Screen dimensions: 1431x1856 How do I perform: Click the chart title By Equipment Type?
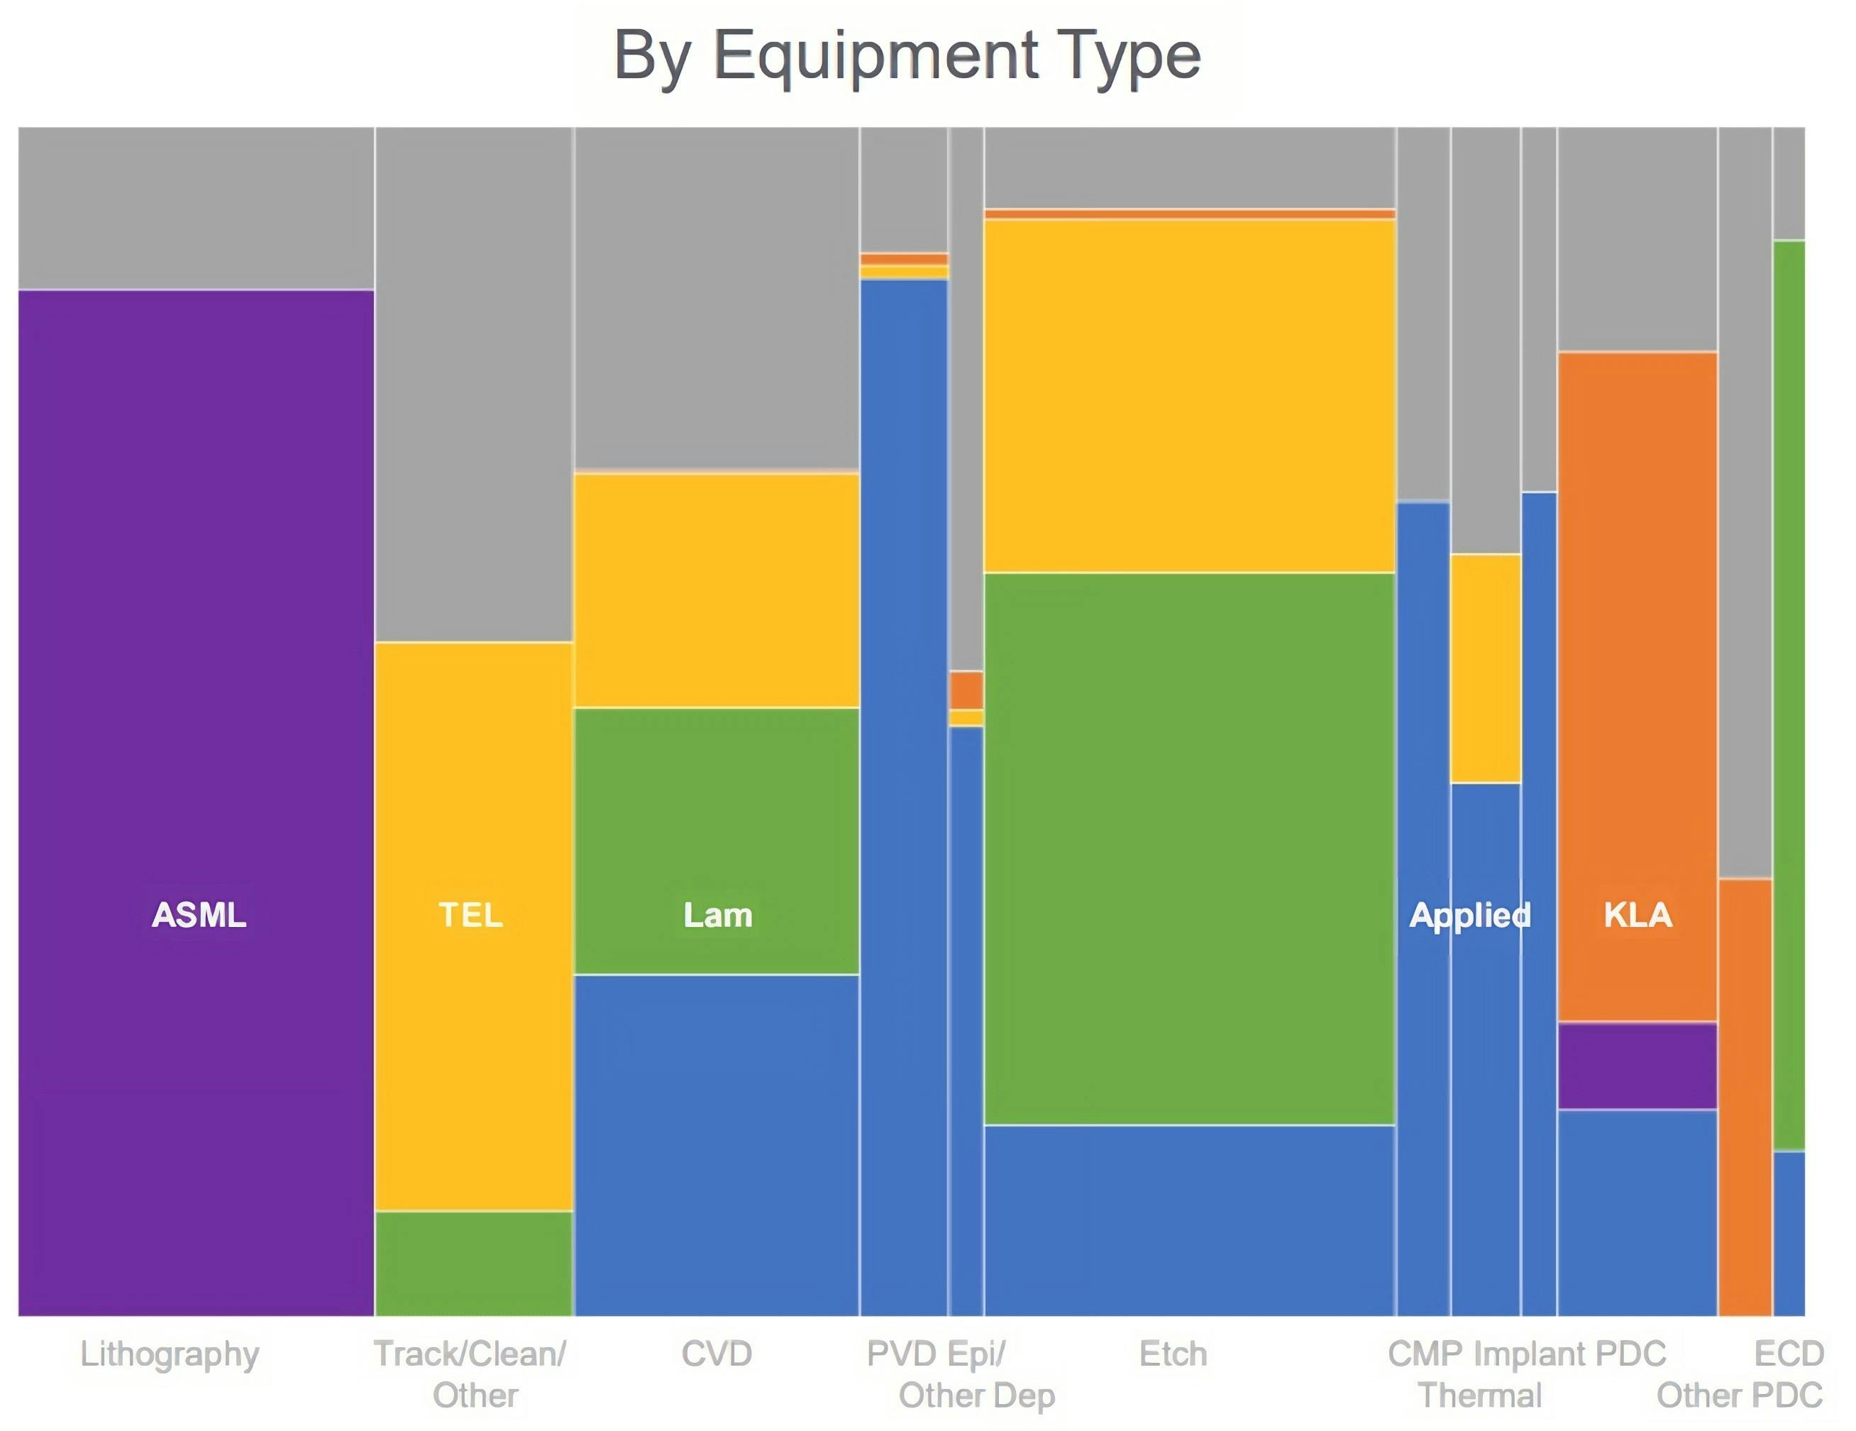pyautogui.click(x=907, y=55)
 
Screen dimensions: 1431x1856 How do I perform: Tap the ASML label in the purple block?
pyautogui.click(x=199, y=915)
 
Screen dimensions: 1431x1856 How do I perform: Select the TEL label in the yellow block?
pyautogui.click(x=471, y=915)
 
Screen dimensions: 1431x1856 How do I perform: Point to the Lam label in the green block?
pyautogui.click(x=718, y=915)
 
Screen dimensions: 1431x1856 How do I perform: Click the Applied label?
pyautogui.click(x=1469, y=915)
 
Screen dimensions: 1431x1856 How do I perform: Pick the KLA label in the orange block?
pyautogui.click(x=1637, y=915)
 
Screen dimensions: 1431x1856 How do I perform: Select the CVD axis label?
pyautogui.click(x=717, y=1354)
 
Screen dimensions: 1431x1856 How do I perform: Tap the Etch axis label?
pyautogui.click(x=1173, y=1354)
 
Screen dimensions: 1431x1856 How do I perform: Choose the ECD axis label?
pyautogui.click(x=1789, y=1354)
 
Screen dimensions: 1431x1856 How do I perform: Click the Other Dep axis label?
pyautogui.click(x=976, y=1396)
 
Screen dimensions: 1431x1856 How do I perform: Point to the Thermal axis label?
pyautogui.click(x=1479, y=1396)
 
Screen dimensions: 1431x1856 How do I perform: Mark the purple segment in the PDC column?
pyautogui.click(x=1637, y=1066)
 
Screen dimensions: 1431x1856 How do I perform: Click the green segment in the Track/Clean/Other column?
pyautogui.click(x=474, y=1263)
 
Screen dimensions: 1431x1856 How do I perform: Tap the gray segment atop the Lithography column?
pyautogui.click(x=197, y=208)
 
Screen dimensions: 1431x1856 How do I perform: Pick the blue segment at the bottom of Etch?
pyautogui.click(x=1190, y=1220)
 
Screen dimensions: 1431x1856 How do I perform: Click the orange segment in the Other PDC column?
pyautogui.click(x=1745, y=1097)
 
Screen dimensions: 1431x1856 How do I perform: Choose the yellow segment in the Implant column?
pyautogui.click(x=1486, y=669)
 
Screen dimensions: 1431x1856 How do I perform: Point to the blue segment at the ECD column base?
pyautogui.click(x=1789, y=1233)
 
